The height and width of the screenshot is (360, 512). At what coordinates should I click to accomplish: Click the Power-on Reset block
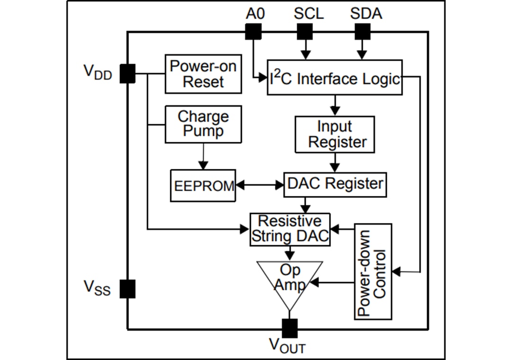click(203, 74)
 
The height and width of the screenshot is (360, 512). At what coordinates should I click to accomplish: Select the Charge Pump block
click(203, 124)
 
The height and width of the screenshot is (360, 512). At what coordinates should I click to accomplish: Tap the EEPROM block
click(203, 185)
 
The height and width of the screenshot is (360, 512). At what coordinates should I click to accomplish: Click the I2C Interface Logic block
click(335, 77)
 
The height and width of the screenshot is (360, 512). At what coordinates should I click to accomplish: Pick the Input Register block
click(335, 135)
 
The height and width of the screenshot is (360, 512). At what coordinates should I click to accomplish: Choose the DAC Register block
click(335, 185)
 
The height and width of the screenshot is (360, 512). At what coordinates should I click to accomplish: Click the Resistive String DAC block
click(290, 229)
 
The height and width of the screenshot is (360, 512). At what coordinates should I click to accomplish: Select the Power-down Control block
click(373, 271)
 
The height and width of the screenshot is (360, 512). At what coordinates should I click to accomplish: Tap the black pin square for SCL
click(304, 32)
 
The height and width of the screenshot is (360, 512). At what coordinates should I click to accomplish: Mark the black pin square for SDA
click(362, 32)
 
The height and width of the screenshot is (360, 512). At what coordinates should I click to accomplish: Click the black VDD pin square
click(127, 74)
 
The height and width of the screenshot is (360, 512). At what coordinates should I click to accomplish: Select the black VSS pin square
click(127, 288)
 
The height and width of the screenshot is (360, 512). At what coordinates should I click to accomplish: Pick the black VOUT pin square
click(289, 328)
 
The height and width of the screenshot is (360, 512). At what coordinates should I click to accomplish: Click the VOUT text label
click(287, 346)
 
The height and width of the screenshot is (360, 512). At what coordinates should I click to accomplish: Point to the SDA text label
click(366, 13)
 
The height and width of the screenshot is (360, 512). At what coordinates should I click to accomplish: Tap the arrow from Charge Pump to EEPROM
click(203, 157)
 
